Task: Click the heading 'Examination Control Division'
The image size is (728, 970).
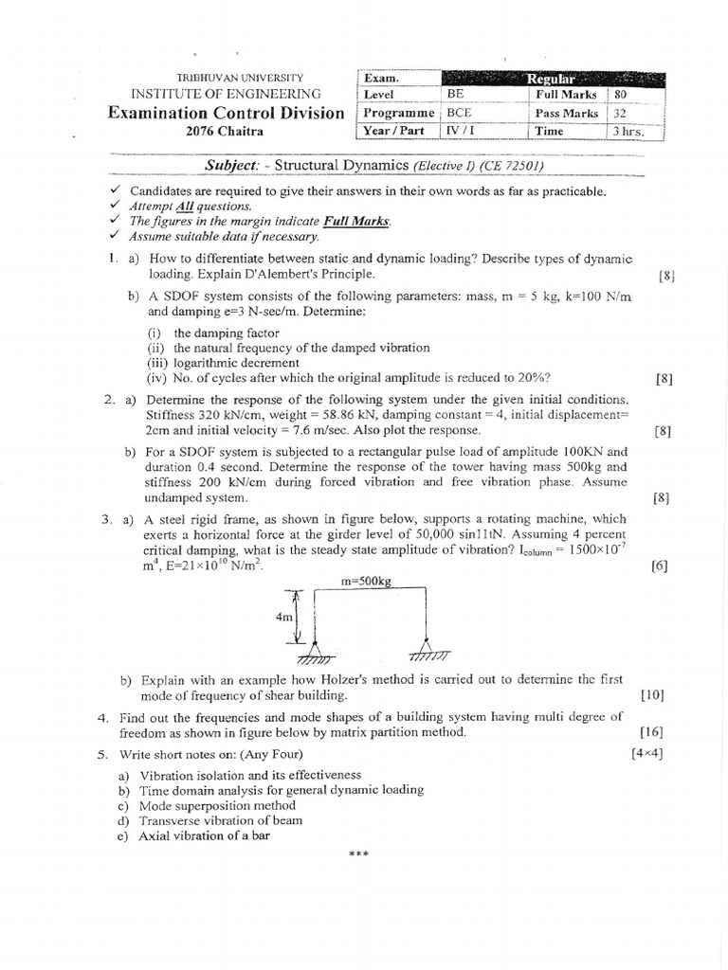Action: (226, 113)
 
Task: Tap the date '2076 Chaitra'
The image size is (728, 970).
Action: (225, 132)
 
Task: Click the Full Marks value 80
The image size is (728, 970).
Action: (620, 95)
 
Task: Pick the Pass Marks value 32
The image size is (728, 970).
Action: (620, 113)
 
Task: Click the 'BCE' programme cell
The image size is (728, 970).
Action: (460, 113)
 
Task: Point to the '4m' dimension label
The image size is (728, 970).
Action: (283, 616)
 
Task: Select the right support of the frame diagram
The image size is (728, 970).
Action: (428, 651)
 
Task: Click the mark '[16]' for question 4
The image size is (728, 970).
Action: (651, 731)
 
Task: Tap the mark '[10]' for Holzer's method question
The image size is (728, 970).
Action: (651, 694)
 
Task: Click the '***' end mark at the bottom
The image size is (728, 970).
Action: (358, 854)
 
